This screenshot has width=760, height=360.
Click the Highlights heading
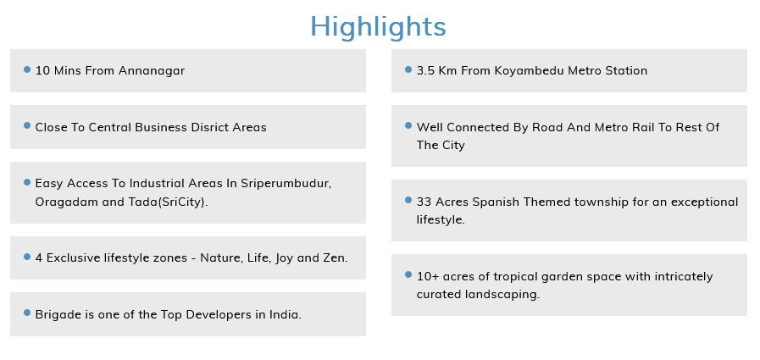[x=378, y=27]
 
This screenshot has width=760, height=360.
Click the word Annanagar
[x=152, y=71]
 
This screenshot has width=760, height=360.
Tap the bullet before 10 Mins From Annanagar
[x=27, y=69]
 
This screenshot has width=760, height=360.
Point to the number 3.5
[x=425, y=71]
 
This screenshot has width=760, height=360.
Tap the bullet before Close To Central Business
[x=27, y=126]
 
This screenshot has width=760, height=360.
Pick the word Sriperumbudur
[x=286, y=184]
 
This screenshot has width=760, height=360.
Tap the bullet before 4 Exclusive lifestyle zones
[x=27, y=257]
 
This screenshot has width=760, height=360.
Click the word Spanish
[x=496, y=202]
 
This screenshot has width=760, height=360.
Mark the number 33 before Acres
[x=424, y=202]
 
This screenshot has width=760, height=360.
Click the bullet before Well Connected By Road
[x=408, y=126]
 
